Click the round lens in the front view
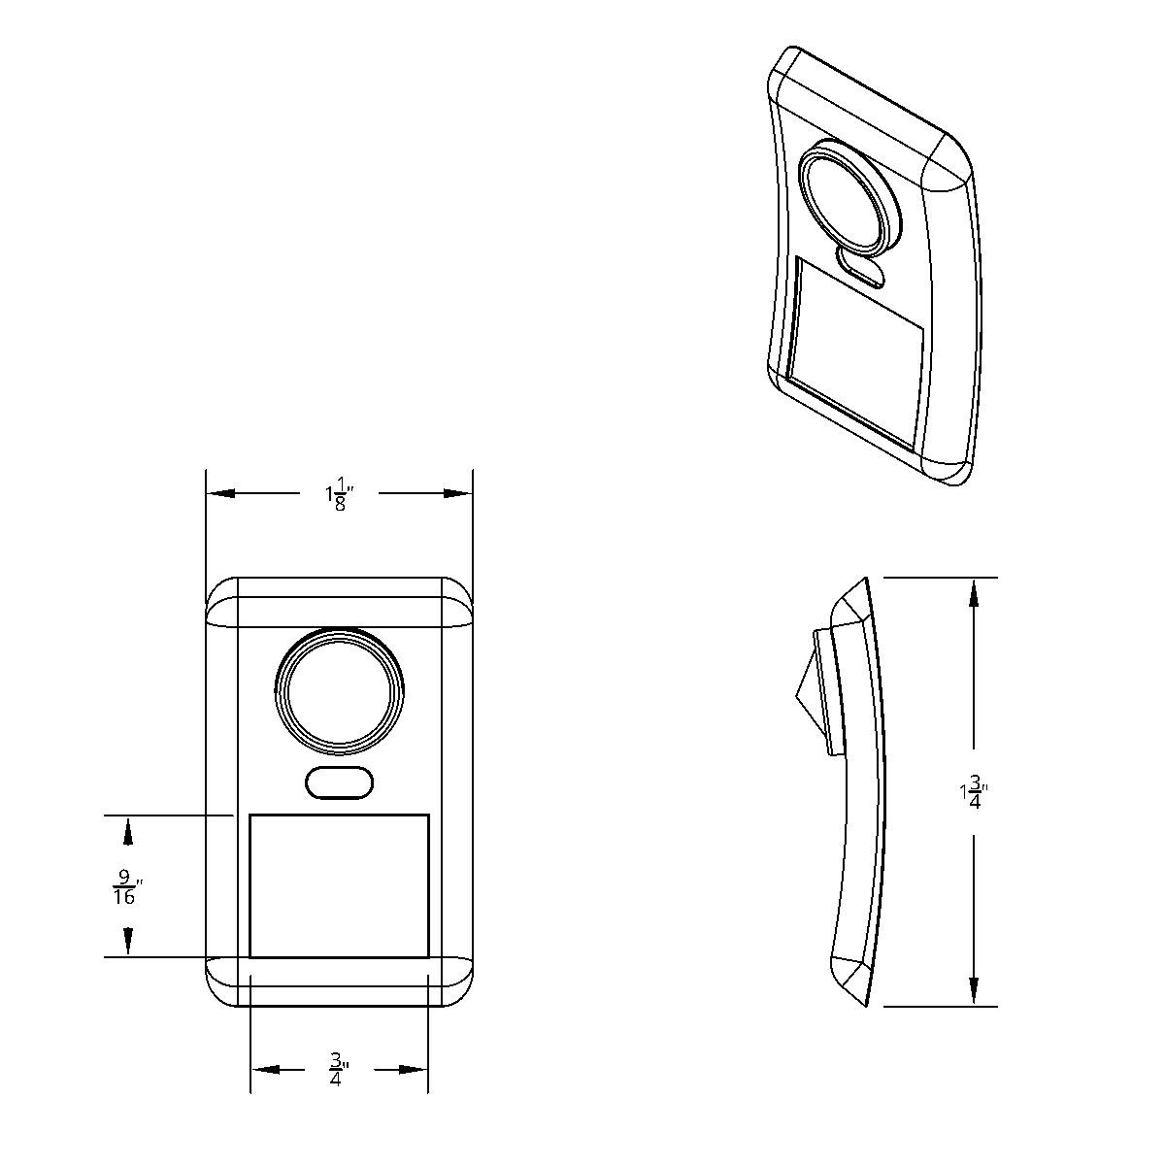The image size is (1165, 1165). point(339,692)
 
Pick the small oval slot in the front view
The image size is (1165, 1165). point(339,782)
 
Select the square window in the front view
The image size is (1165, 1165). point(339,885)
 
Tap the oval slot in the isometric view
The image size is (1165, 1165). point(861,266)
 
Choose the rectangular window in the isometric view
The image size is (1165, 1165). point(854,354)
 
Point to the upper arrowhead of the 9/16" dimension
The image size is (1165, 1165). point(127,831)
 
